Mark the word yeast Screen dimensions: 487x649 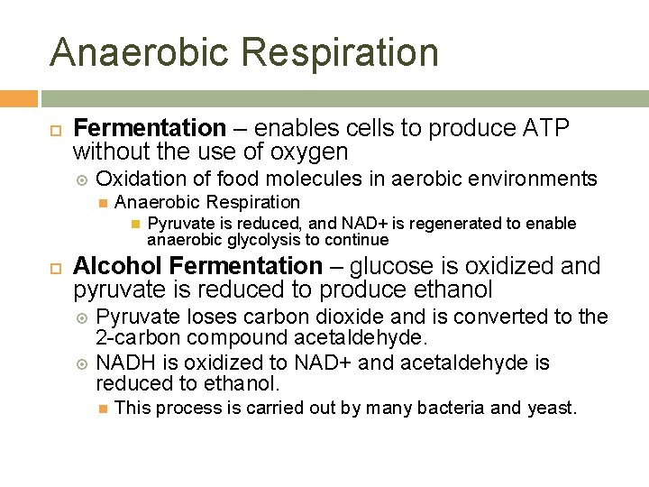click(x=551, y=408)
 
